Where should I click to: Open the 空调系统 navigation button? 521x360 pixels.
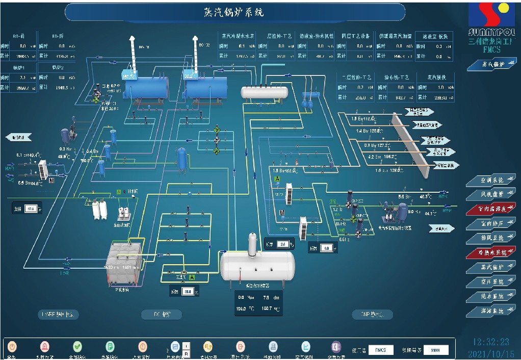491,181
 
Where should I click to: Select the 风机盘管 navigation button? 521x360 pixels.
491,195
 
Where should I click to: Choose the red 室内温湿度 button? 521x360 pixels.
491,209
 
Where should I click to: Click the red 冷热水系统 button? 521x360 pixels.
491,252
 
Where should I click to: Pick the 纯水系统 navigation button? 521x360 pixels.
491,296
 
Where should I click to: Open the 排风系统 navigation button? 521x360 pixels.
491,238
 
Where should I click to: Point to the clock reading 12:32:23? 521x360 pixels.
491,342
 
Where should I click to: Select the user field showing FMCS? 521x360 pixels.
380,350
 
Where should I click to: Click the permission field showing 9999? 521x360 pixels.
435,350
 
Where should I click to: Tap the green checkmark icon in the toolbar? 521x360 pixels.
77,347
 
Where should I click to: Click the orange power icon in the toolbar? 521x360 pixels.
12,347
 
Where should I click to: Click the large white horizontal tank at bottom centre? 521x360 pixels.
257,265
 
